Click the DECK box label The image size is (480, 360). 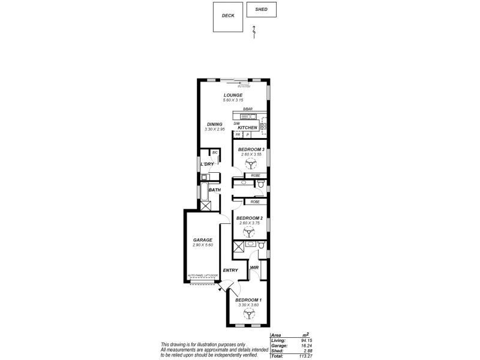click(x=228, y=16)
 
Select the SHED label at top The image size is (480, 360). click(x=262, y=10)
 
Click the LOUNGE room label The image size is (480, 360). click(x=233, y=95)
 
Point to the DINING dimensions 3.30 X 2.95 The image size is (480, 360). click(x=214, y=130)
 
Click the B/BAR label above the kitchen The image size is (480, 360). click(x=248, y=109)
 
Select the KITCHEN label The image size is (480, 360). click(x=248, y=128)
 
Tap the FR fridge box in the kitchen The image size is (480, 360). click(x=238, y=135)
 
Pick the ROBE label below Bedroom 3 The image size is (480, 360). click(x=255, y=176)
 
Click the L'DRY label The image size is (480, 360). click(x=207, y=164)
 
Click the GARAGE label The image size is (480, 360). click(x=203, y=240)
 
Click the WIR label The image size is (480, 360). click(x=254, y=268)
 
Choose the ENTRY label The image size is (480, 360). click(x=230, y=270)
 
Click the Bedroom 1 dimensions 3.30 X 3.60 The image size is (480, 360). click(x=248, y=305)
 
